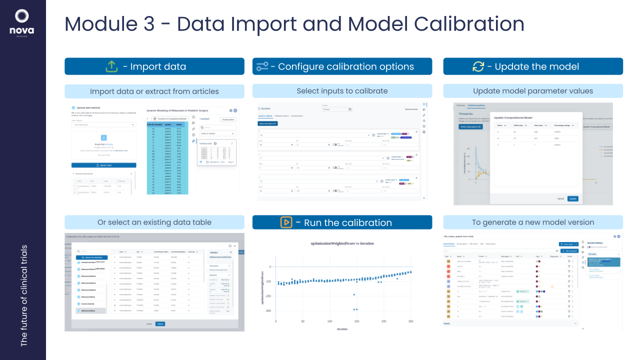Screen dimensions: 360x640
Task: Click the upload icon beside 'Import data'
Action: coord(111,66)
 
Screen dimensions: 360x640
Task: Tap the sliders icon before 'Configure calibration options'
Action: coord(262,66)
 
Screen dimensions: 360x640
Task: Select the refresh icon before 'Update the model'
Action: coord(478,66)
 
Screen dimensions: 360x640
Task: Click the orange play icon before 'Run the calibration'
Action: coord(286,222)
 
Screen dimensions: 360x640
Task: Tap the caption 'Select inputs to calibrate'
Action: coord(342,91)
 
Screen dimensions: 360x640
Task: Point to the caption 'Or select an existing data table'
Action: coord(154,222)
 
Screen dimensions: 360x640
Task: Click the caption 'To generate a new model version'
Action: coord(533,222)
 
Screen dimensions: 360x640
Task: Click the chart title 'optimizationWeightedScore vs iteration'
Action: coord(341,243)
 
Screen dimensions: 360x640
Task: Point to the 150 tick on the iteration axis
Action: coord(356,321)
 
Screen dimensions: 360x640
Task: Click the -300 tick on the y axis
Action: coord(268,311)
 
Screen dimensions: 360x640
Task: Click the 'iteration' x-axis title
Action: coord(342,328)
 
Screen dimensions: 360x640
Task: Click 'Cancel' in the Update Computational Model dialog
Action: coord(560,198)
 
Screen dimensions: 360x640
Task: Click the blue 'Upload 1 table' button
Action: coord(103,165)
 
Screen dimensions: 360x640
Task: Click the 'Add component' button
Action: coord(569,250)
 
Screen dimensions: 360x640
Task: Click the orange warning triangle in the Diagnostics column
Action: coord(552,286)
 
